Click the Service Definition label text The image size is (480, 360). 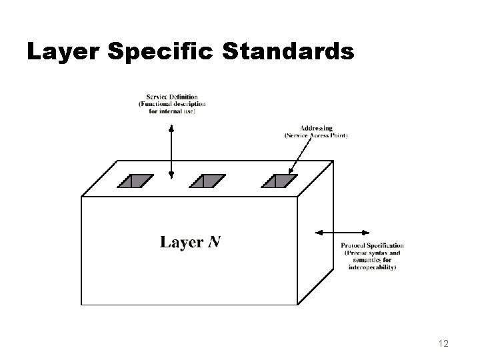171,97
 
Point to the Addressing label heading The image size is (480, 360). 316,129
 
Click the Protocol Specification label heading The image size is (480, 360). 372,246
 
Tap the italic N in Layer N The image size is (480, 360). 213,242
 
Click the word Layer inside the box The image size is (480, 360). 181,242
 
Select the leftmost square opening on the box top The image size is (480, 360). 137,180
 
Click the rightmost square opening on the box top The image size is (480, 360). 277,180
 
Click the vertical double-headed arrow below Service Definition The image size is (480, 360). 171,150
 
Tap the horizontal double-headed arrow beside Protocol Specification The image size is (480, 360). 341,232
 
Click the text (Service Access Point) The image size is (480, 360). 316,135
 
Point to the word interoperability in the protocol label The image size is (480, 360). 372,267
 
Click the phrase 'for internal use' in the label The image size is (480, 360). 171,111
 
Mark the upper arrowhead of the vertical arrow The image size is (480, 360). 171,127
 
